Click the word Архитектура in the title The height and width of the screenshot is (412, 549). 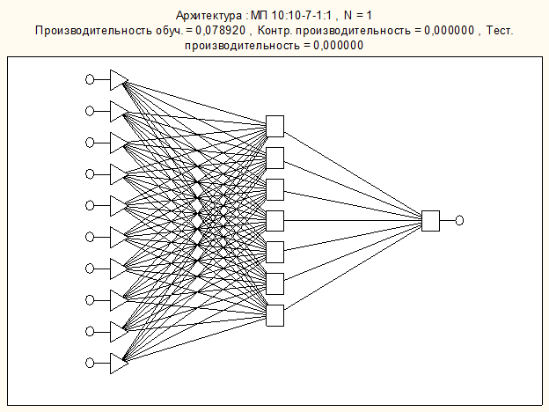(x=209, y=16)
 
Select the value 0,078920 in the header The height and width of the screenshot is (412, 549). (x=221, y=31)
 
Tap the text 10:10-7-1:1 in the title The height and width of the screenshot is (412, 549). (x=301, y=16)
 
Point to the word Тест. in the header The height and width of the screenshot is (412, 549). (x=500, y=31)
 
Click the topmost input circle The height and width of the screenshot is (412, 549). (x=90, y=79)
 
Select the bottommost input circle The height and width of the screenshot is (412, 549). (x=90, y=363)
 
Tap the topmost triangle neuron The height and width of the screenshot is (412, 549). (x=119, y=80)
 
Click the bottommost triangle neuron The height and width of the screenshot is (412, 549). (x=119, y=364)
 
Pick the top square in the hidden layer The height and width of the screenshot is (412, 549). (x=274, y=126)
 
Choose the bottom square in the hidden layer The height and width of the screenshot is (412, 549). (x=274, y=315)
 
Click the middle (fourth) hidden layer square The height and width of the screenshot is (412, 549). (x=274, y=221)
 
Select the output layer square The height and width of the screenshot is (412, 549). (x=430, y=221)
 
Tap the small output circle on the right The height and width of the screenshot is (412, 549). (x=459, y=220)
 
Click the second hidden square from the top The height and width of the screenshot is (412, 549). (x=274, y=158)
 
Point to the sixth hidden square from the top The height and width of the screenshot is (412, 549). (x=274, y=283)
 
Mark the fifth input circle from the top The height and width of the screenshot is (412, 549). (x=90, y=205)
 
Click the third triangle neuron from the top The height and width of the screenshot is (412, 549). (x=119, y=143)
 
